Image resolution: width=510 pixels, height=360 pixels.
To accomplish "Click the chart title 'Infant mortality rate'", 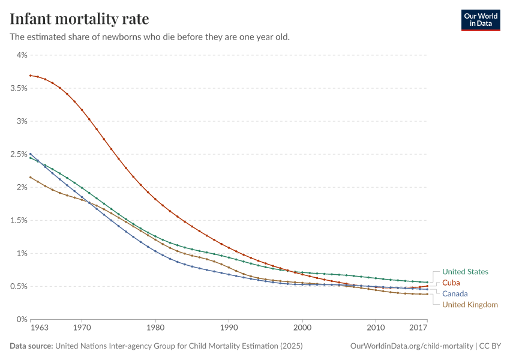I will (79, 19).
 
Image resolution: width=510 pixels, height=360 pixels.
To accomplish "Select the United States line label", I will (465, 272).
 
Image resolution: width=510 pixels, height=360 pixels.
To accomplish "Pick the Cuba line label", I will (451, 283).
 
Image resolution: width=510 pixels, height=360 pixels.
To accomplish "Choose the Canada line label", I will (455, 294).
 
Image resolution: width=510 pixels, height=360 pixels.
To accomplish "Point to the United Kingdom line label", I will (470, 305).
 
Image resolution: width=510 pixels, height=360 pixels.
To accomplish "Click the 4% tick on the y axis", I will (22, 55).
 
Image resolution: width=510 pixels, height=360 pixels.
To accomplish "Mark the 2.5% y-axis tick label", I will (19, 154).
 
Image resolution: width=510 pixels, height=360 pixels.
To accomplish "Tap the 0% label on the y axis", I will (22, 319).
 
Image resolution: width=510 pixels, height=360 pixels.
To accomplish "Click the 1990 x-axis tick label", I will (229, 328).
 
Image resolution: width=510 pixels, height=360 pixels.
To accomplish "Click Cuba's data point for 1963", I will (31, 76).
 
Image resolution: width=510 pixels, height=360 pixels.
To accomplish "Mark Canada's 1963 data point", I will (31, 154).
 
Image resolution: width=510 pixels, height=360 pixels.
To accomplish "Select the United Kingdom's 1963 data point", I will (31, 177).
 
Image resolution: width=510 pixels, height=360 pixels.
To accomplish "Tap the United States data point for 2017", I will (427, 282).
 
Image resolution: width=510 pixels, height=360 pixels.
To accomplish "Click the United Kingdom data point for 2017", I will (427, 294).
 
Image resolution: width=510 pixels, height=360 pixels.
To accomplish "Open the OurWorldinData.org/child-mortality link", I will (412, 346).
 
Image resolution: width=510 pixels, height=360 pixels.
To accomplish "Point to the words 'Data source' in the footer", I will (31, 346).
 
